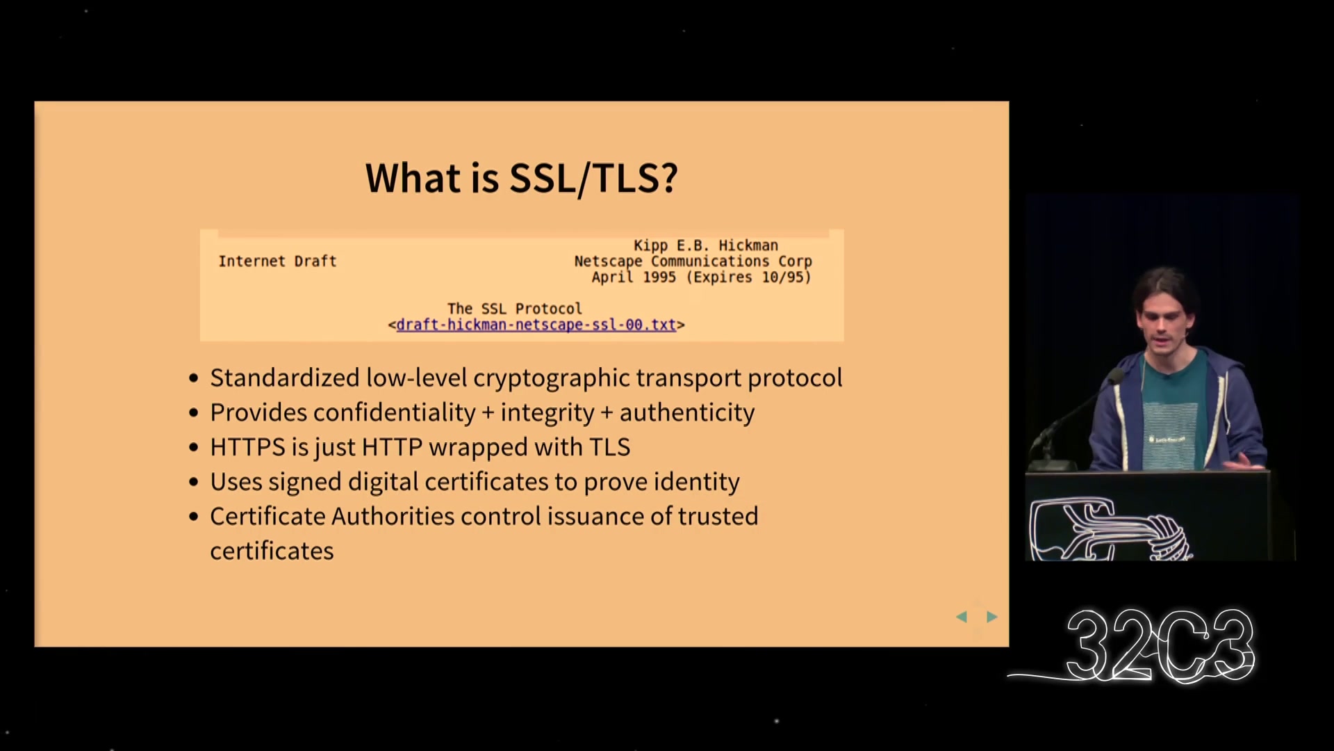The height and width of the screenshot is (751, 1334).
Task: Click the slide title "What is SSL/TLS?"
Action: tap(521, 178)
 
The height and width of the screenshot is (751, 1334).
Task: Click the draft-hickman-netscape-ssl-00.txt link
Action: tap(536, 325)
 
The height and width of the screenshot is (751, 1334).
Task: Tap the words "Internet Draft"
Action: tap(277, 261)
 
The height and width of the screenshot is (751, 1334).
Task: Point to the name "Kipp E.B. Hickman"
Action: tap(705, 245)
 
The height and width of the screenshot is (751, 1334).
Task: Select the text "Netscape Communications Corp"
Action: tap(693, 261)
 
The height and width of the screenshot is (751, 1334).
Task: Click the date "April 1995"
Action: tap(634, 277)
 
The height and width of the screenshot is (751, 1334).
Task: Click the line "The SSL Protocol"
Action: tap(515, 309)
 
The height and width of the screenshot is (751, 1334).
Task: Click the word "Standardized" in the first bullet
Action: tap(285, 378)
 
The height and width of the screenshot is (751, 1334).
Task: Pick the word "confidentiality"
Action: tap(395, 412)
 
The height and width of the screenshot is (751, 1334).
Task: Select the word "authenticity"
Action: tap(687, 412)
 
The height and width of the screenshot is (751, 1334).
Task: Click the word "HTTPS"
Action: tap(248, 447)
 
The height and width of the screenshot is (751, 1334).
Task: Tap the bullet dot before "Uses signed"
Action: tap(194, 483)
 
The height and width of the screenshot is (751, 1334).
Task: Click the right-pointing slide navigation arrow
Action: tap(992, 617)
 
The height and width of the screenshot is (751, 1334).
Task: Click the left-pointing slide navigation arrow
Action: tap(962, 617)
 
